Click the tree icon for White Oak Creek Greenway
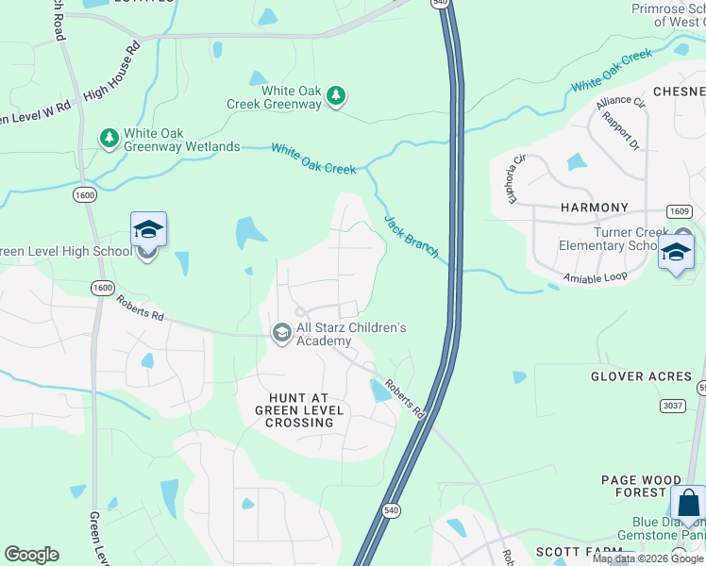335,95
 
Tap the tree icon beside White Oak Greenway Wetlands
109,140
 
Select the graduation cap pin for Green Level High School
148,229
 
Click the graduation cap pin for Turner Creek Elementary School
676,252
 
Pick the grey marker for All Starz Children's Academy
281,333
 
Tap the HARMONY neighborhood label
594,208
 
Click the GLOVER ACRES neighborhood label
641,376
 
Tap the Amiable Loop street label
595,277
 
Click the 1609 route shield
679,211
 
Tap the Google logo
31,555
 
